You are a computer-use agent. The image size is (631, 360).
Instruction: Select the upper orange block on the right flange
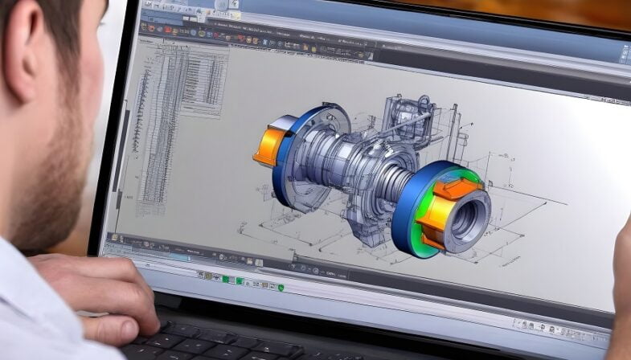click(x=458, y=190)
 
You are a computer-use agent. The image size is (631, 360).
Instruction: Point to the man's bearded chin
click(x=56, y=217)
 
